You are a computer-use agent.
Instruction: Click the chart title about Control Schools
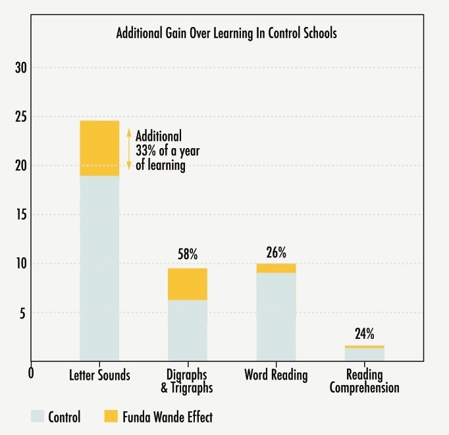[x=226, y=33]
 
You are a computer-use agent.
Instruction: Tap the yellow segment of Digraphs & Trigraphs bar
[x=188, y=284]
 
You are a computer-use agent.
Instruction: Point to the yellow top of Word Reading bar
[x=276, y=268]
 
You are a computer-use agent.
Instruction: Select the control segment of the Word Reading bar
[x=276, y=316]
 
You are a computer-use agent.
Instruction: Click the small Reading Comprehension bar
[x=364, y=353]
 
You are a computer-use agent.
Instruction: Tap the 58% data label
[x=188, y=255]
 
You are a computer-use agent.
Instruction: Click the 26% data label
[x=277, y=252]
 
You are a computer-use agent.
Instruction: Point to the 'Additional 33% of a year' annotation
[x=167, y=151]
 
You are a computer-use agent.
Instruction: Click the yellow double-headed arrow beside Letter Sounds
[x=129, y=148]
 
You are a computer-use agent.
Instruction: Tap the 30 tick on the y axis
[x=21, y=68]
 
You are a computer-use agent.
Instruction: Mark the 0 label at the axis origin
[x=31, y=372]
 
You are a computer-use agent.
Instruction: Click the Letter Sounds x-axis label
[x=99, y=376]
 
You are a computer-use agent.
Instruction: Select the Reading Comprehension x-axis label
[x=364, y=382]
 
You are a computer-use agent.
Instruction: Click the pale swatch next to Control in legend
[x=38, y=417]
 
